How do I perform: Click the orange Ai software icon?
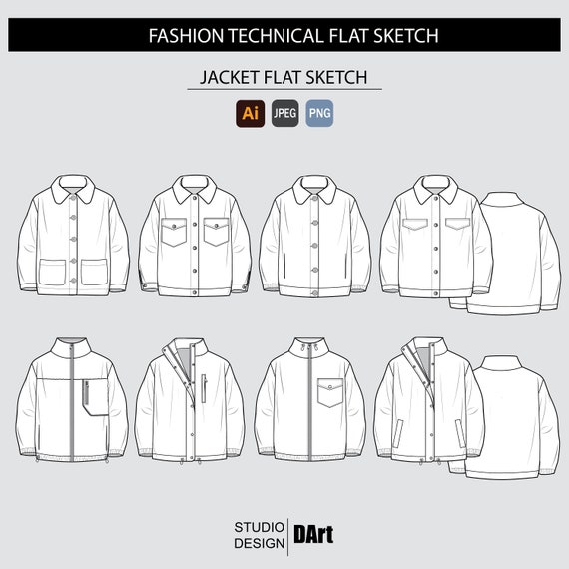tap(250, 113)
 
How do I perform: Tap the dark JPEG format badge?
tap(284, 113)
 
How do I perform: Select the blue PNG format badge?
tap(319, 113)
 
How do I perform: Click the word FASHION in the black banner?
tap(186, 36)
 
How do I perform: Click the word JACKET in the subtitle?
tap(229, 77)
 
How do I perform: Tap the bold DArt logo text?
tap(313, 534)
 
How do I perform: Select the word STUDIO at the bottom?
tap(260, 527)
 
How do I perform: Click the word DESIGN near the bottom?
tap(260, 543)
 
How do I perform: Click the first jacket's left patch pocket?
tap(52, 272)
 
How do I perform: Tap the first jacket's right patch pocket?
tap(94, 272)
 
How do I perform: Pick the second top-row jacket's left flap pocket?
tap(174, 232)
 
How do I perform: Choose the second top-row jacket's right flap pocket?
tap(217, 232)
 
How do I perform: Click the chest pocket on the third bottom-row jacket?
tap(330, 392)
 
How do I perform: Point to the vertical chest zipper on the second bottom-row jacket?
tap(204, 388)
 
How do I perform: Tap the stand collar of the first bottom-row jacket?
tap(72, 347)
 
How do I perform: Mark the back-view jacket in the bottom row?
tap(512, 417)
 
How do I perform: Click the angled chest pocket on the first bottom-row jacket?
tap(96, 397)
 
